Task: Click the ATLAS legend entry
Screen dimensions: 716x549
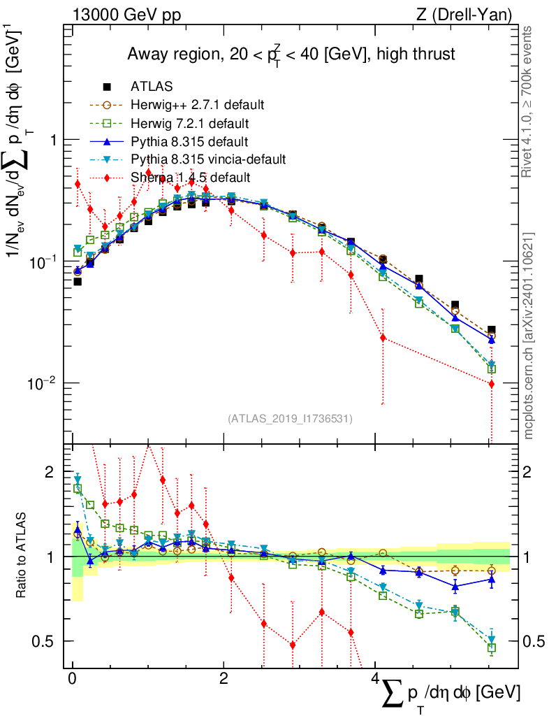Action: pyautogui.click(x=151, y=87)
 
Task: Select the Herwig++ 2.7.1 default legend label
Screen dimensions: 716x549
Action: pyautogui.click(x=197, y=105)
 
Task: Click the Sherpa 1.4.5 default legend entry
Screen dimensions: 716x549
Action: pyautogui.click(x=190, y=178)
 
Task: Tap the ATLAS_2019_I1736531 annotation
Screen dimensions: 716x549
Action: pyautogui.click(x=290, y=419)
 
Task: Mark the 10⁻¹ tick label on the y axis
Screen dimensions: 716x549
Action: pyautogui.click(x=43, y=262)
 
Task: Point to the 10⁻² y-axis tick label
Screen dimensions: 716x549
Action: pyautogui.click(x=43, y=384)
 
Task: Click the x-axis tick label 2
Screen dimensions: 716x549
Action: pyautogui.click(x=224, y=679)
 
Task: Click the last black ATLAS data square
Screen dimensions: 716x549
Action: pyautogui.click(x=492, y=330)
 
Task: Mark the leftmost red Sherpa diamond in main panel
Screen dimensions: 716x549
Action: pyautogui.click(x=78, y=184)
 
